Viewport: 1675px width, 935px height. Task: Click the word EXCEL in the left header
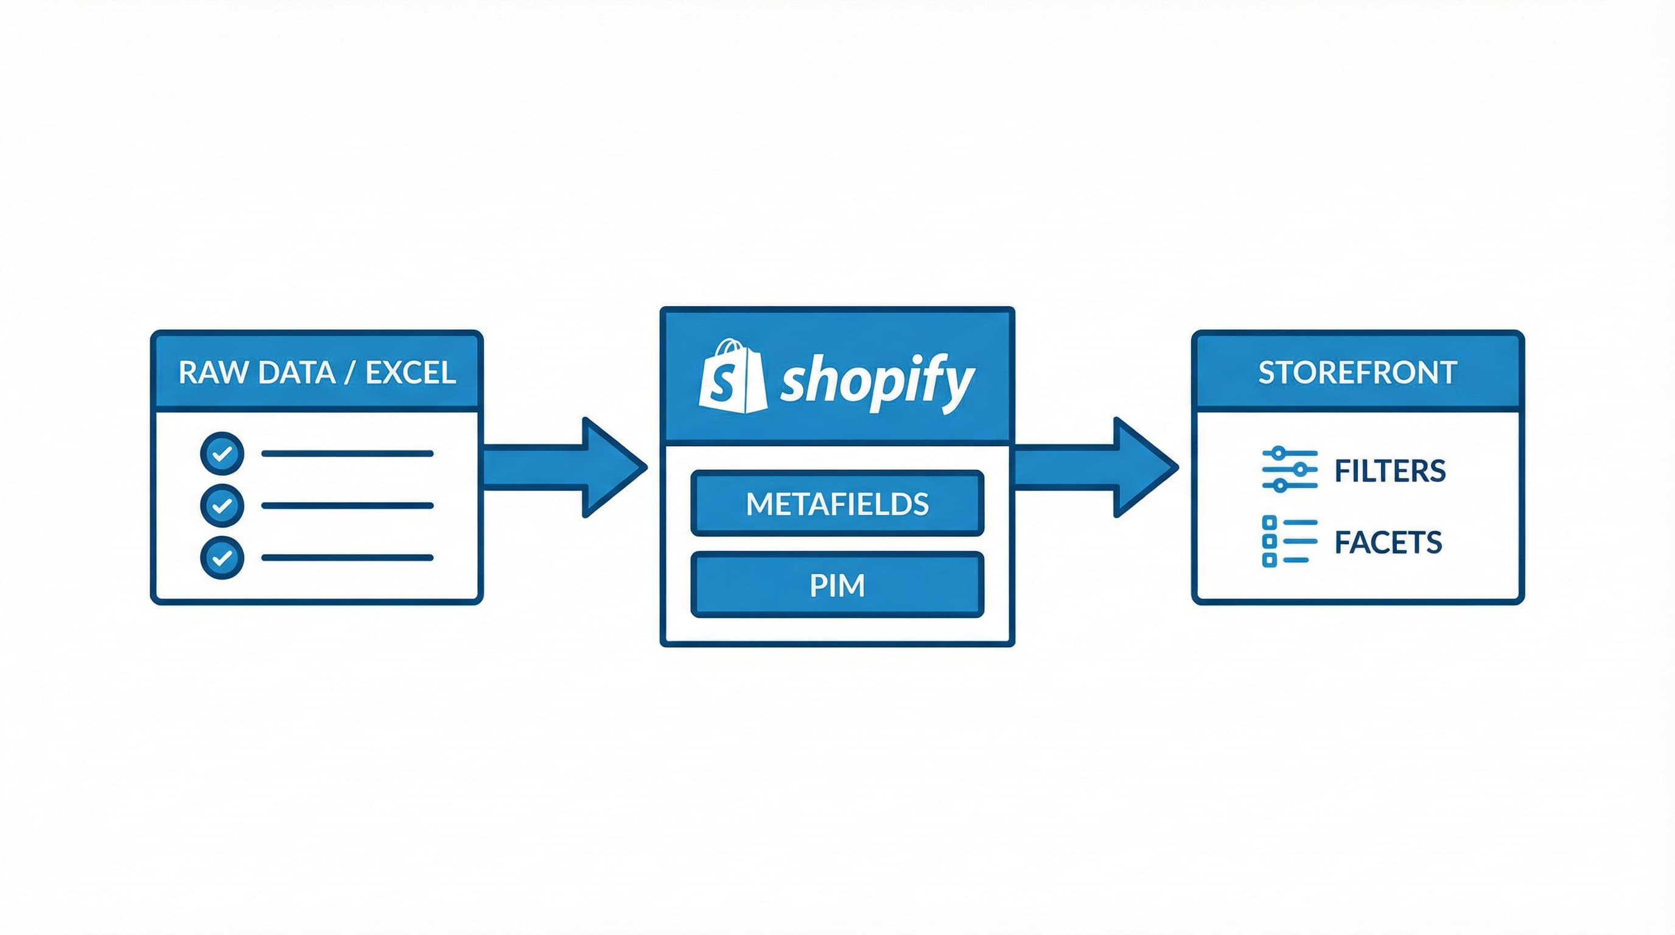pyautogui.click(x=410, y=373)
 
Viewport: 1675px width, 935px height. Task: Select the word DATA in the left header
pyautogui.click(x=296, y=373)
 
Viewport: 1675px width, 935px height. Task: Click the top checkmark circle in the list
pyautogui.click(x=222, y=453)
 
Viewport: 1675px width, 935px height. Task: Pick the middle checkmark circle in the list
pyautogui.click(x=222, y=505)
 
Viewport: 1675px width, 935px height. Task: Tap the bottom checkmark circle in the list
pyautogui.click(x=222, y=557)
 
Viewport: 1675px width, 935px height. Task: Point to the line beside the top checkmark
pyautogui.click(x=347, y=453)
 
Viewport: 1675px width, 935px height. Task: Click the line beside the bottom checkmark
pyautogui.click(x=347, y=557)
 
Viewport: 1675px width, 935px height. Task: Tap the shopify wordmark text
pyautogui.click(x=876, y=380)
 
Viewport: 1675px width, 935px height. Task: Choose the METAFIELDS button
pyautogui.click(x=837, y=503)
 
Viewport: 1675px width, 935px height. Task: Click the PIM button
pyautogui.click(x=837, y=585)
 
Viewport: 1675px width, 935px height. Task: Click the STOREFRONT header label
pyautogui.click(x=1357, y=373)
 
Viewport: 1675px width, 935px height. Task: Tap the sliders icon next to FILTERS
pyautogui.click(x=1289, y=469)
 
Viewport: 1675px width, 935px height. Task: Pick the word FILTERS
pyautogui.click(x=1390, y=471)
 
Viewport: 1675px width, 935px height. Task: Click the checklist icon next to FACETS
pyautogui.click(x=1288, y=541)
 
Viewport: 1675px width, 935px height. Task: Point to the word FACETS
pyautogui.click(x=1388, y=542)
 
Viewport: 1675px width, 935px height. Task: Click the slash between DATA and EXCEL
pyautogui.click(x=351, y=373)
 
